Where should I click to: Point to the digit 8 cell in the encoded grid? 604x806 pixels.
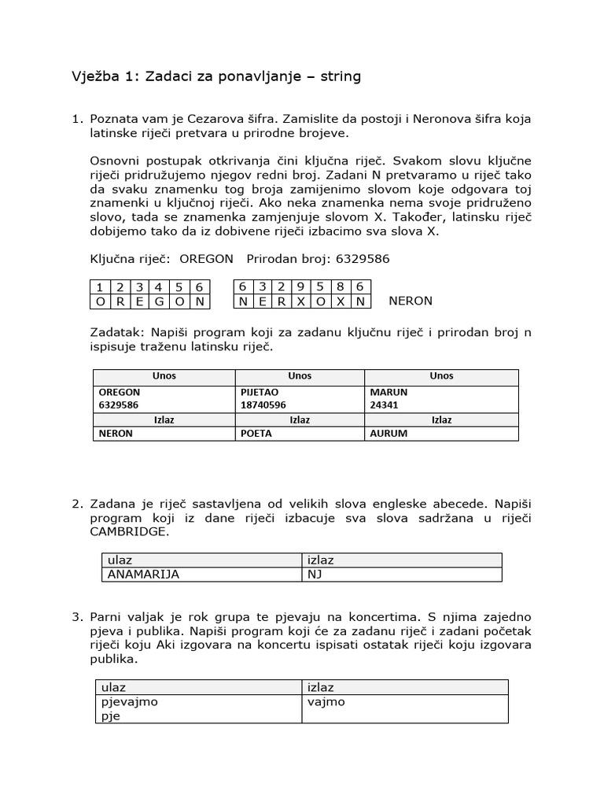(341, 287)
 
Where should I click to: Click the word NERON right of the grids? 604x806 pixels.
(411, 301)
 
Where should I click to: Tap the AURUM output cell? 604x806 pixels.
(389, 433)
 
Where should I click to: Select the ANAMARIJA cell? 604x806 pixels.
(142, 574)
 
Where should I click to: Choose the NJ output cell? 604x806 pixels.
(315, 574)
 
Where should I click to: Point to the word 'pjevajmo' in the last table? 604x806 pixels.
(131, 701)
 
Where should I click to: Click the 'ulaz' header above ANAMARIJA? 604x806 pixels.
(120, 560)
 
